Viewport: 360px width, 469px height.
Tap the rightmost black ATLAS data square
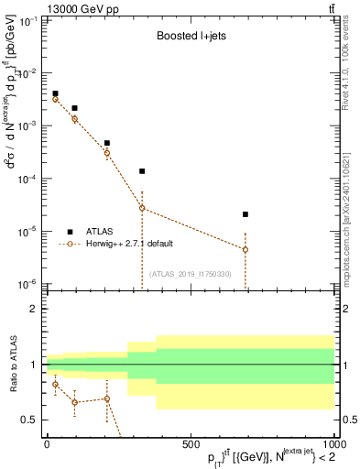tap(245, 214)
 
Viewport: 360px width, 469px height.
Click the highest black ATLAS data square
tap(55, 93)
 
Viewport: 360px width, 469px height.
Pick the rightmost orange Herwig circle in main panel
tap(245, 249)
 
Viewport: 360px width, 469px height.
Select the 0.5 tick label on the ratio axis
tap(28, 420)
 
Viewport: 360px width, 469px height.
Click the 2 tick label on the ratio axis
tap(33, 310)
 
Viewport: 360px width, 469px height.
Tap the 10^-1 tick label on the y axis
tap(25, 20)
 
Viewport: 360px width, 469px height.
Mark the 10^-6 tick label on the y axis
tap(25, 285)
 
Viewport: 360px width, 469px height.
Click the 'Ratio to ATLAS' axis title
tap(13, 364)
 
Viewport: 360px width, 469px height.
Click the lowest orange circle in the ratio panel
tap(75, 402)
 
